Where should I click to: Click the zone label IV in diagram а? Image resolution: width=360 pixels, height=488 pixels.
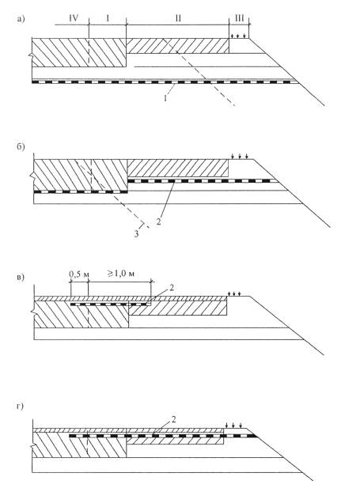coord(74,18)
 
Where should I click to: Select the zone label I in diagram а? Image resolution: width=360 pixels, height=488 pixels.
coord(108,18)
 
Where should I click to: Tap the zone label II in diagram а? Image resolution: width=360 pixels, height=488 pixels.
coord(178,18)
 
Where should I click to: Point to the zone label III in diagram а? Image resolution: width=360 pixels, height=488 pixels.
coord(239,18)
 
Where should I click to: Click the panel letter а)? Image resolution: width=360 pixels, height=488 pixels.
coord(21,19)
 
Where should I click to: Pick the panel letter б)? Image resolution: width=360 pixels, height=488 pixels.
coord(21,146)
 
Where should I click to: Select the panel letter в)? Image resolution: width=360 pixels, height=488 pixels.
coord(21,278)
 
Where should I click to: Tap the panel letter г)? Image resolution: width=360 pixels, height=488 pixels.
coord(20,407)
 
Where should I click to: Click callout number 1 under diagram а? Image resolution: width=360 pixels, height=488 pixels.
coord(165,98)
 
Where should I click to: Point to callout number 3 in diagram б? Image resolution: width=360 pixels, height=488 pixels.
coord(136,234)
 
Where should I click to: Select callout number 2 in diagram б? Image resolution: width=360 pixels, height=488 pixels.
coord(158,222)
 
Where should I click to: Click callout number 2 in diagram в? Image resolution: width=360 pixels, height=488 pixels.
coord(172,288)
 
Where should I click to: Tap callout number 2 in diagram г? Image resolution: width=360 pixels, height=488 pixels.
coord(173,419)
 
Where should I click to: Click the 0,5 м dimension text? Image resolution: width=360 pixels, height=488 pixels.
coord(79,274)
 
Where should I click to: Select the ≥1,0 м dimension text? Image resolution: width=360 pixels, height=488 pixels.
coord(121,274)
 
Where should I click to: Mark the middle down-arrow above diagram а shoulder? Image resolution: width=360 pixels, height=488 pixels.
coord(238,36)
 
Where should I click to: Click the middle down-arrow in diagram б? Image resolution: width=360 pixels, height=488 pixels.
coord(240,156)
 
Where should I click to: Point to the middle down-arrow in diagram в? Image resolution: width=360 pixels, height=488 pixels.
coord(234,293)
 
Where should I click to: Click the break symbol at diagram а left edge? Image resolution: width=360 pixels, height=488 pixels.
coord(31,55)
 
